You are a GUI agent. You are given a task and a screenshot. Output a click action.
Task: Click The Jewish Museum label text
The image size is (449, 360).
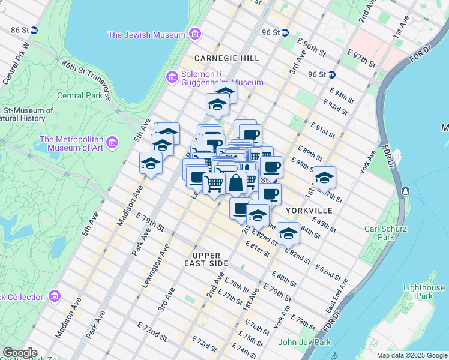[146, 35]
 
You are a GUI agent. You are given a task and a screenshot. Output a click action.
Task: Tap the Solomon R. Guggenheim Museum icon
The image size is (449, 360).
[170, 77]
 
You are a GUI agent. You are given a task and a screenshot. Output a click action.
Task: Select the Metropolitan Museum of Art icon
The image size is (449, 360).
[113, 143]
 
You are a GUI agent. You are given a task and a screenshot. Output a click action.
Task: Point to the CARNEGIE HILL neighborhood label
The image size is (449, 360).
[226, 58]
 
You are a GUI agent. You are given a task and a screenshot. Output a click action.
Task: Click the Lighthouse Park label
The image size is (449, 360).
[417, 292]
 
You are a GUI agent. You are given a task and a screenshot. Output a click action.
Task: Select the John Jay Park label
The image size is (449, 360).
[305, 343]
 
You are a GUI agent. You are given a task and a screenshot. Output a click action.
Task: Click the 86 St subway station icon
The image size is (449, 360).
[34, 29]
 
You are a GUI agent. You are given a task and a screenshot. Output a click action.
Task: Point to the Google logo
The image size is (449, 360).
[19, 353]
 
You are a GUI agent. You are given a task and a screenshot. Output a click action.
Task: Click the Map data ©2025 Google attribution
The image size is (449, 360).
[412, 355]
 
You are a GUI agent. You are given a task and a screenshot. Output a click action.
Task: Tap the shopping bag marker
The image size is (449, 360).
[237, 182]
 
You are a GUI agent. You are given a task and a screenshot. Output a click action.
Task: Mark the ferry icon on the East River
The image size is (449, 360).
[405, 191]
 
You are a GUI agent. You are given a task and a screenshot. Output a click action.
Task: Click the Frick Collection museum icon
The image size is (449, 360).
[55, 296]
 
